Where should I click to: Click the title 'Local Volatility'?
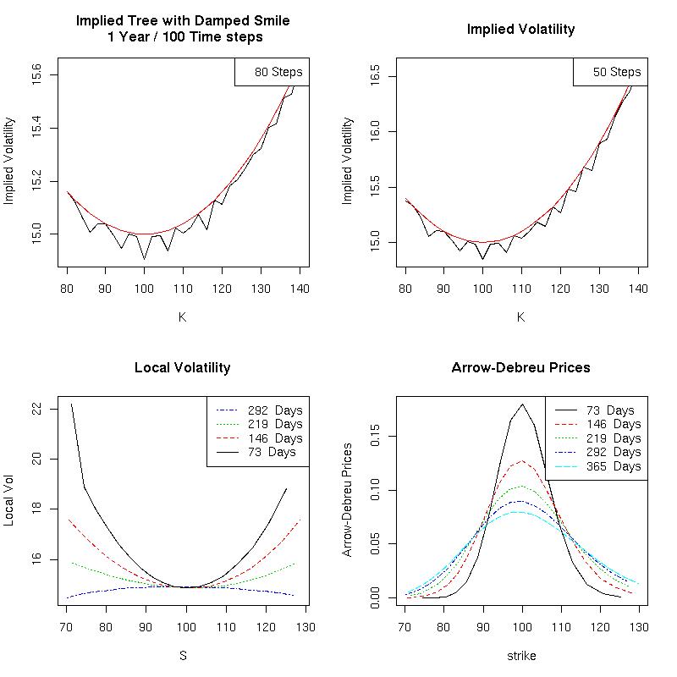click(182, 368)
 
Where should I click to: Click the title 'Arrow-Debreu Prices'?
click(520, 368)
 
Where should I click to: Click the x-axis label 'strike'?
click(520, 655)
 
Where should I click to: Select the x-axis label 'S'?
click(182, 655)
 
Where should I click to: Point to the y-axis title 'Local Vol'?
click(9, 504)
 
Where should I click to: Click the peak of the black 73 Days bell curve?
click(523, 405)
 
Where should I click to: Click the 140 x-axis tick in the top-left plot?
click(300, 289)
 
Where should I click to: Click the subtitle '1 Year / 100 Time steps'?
click(182, 36)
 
